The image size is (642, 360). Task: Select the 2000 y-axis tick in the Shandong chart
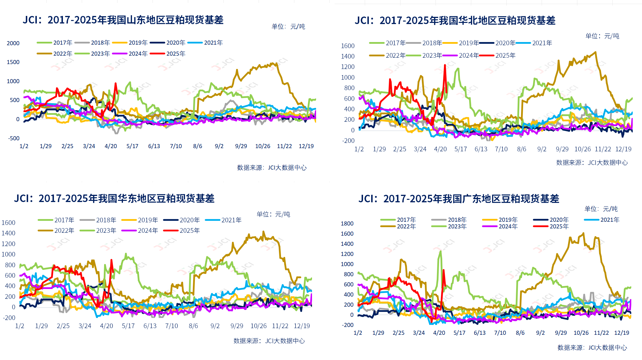coord(13,43)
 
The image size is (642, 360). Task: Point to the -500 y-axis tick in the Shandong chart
coord(14,138)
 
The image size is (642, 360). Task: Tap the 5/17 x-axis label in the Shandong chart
coord(132,146)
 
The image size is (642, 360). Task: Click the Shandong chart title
coord(123,20)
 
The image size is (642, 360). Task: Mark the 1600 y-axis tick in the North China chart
coord(348,46)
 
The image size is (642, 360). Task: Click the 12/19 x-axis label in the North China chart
coord(623,149)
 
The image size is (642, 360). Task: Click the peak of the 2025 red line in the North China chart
coord(445,65)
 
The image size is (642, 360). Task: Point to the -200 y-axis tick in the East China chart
coord(9,318)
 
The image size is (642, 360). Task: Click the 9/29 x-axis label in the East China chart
coord(237,326)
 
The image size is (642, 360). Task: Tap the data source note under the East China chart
coord(269,341)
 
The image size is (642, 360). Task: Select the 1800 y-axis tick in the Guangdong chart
coord(347,223)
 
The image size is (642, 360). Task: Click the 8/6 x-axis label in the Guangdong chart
coord(520,333)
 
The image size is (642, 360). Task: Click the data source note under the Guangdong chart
coord(592,348)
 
